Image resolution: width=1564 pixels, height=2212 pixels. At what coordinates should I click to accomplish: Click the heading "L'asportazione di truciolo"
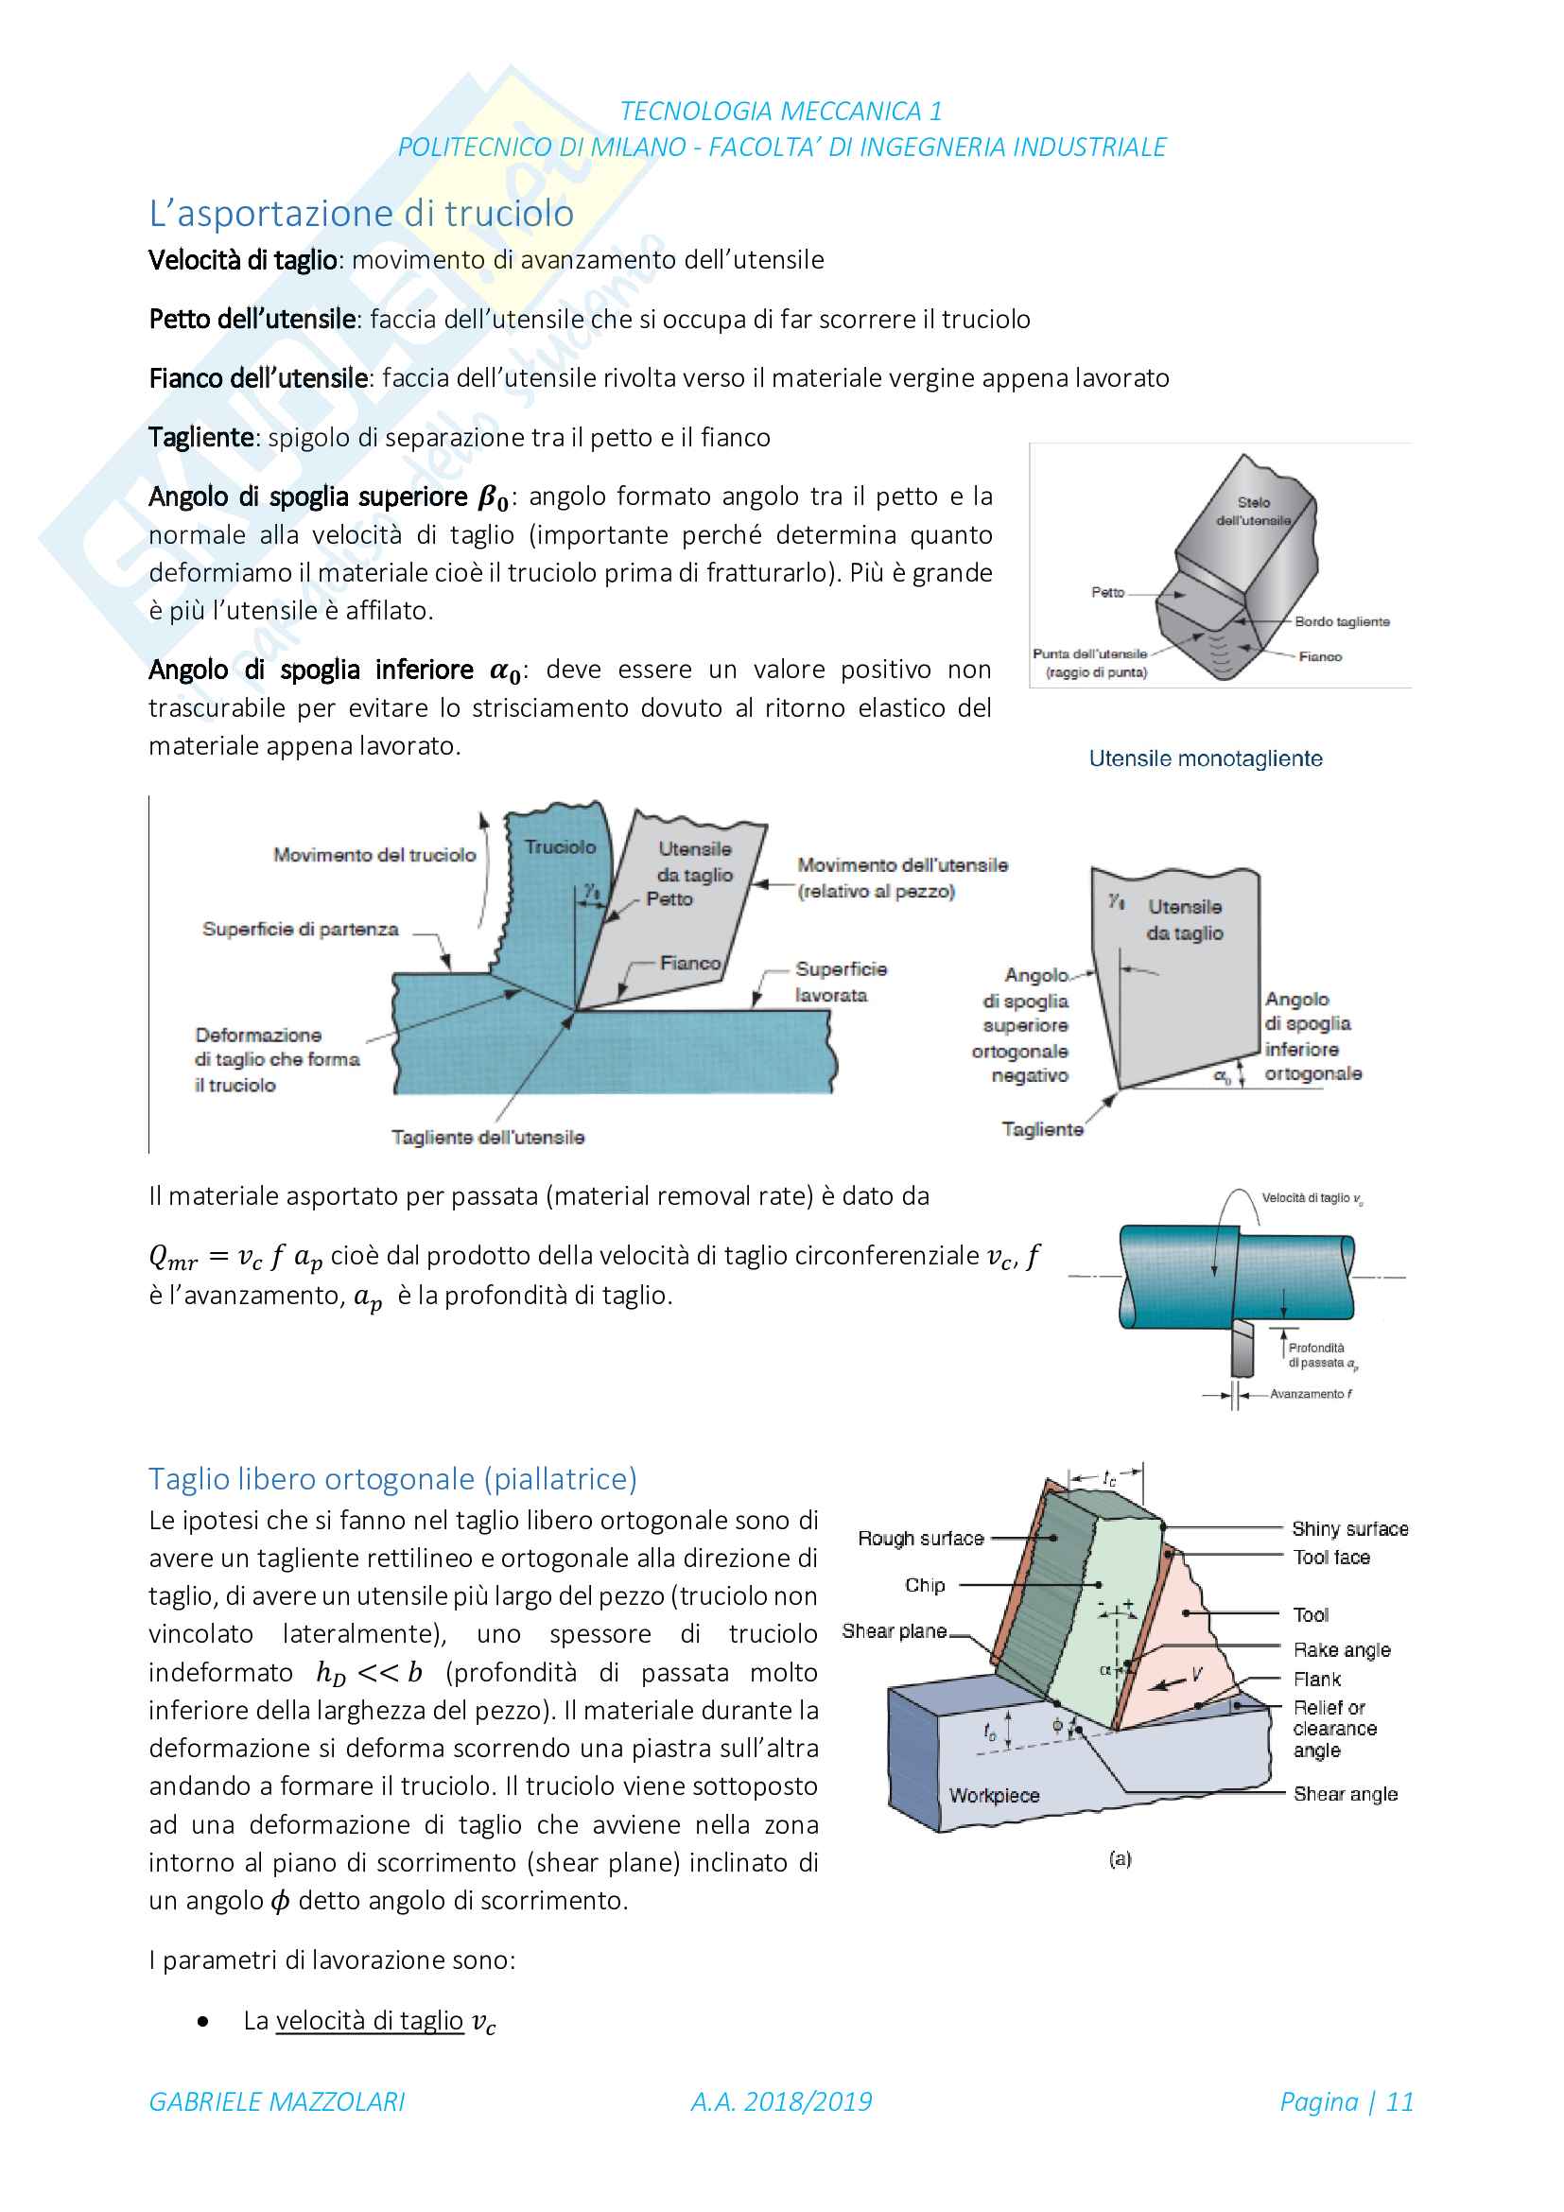click(x=361, y=213)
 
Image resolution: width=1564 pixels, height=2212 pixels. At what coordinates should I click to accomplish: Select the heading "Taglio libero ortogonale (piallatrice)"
click(x=393, y=1478)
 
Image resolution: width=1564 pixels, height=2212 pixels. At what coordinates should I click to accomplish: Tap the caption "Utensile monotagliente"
click(x=1206, y=758)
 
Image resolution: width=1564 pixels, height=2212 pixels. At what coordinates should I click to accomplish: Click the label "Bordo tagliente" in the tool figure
click(x=1343, y=621)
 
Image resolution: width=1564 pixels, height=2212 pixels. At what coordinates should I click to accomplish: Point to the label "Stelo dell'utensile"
click(x=1253, y=511)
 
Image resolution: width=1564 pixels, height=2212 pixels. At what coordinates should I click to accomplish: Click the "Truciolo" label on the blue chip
click(x=561, y=846)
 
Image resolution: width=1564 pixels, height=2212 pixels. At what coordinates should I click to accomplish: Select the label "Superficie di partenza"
click(x=301, y=929)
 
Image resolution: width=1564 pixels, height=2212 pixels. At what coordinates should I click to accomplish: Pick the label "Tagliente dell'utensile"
click(x=488, y=1137)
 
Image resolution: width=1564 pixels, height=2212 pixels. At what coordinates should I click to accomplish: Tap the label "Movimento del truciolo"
click(x=374, y=855)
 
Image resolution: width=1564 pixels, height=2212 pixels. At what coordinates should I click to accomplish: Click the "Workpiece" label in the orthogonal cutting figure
click(x=995, y=1795)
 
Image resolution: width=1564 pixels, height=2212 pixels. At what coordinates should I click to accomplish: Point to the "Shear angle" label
click(x=1346, y=1793)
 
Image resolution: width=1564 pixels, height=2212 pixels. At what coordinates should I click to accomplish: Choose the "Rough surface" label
click(x=921, y=1539)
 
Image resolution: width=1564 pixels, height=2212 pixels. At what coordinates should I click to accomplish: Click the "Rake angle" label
click(x=1343, y=1649)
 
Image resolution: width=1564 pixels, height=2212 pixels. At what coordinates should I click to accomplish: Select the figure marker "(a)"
click(x=1120, y=1858)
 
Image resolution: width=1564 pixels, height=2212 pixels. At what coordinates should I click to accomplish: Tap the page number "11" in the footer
click(x=1399, y=2101)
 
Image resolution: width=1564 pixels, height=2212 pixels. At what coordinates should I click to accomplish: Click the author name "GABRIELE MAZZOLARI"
click(x=277, y=2101)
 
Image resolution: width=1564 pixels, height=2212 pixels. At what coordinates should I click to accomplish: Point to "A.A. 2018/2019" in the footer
click(x=781, y=2101)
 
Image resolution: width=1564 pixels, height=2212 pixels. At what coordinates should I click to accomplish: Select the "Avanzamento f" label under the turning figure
click(x=1311, y=1393)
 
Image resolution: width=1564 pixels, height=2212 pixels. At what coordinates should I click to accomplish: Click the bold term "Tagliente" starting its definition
click(x=200, y=438)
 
